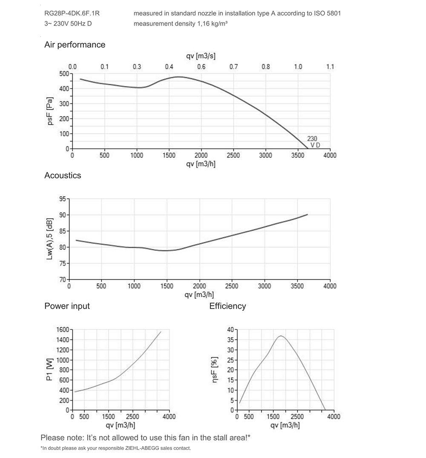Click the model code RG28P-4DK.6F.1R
point(72,13)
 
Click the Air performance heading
point(75,45)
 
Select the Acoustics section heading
point(63,175)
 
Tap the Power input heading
point(67,306)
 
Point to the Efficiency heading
point(227,306)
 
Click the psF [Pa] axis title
point(50,111)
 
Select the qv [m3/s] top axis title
point(201,56)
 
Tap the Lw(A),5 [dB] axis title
point(50,239)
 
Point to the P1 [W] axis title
point(49,370)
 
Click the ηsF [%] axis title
point(215,370)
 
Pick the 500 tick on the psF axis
point(64,74)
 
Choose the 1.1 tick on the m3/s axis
point(330,66)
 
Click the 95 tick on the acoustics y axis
point(63,199)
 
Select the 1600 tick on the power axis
point(63,330)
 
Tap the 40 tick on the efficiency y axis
point(231,330)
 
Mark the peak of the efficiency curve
point(281,336)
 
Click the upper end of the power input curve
point(161,332)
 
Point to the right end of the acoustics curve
point(307,215)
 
